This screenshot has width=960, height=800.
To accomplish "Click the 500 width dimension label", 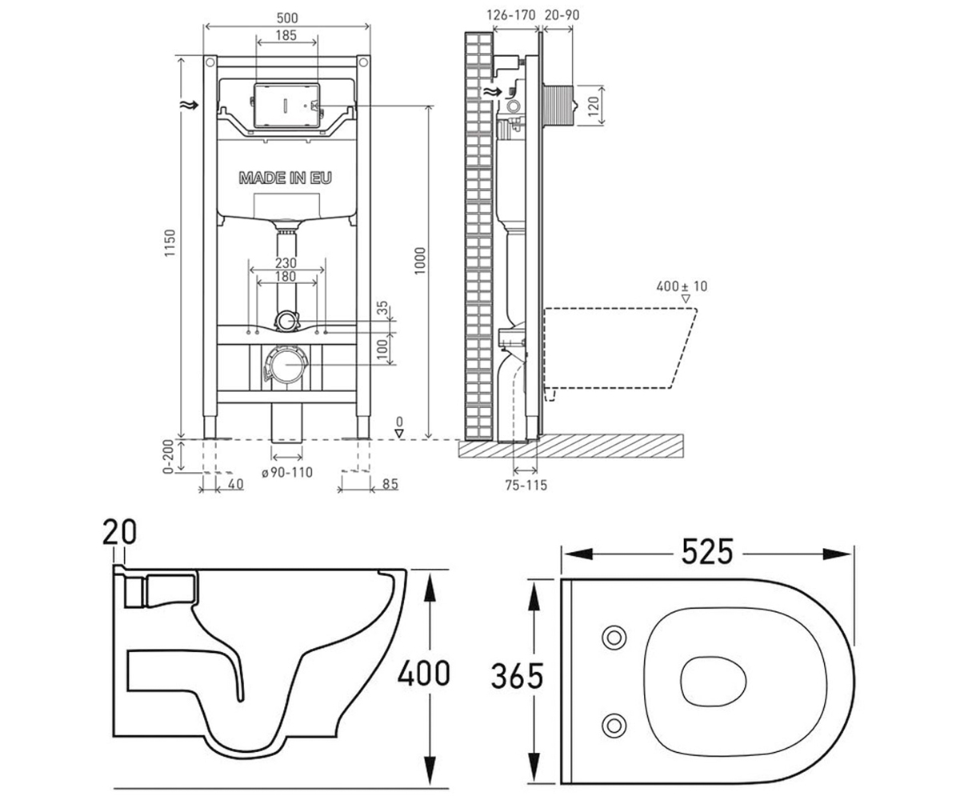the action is click(x=287, y=18).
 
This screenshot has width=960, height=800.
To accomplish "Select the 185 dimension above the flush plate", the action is click(x=286, y=35).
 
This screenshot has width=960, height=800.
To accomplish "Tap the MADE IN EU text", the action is click(x=286, y=178).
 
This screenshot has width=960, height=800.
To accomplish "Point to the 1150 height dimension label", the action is click(x=170, y=243).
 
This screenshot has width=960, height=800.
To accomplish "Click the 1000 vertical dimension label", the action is click(x=420, y=261).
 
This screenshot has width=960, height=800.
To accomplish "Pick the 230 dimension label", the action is click(x=286, y=263).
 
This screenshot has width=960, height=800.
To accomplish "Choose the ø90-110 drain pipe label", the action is click(x=287, y=472).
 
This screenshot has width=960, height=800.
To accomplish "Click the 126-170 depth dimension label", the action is click(x=511, y=15).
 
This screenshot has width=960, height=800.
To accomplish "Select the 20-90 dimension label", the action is click(x=562, y=15).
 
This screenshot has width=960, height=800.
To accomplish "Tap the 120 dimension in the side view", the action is click(x=594, y=106).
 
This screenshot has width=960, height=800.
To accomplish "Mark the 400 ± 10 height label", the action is click(x=682, y=286).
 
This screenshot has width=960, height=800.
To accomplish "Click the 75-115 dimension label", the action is click(x=526, y=485).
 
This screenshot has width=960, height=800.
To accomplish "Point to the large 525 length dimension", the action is click(x=707, y=552).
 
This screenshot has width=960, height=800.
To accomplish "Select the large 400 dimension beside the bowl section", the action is click(x=423, y=673).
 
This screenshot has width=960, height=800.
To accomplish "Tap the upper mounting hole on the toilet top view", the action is click(x=614, y=638).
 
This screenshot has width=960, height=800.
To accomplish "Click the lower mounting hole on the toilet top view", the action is click(x=614, y=726).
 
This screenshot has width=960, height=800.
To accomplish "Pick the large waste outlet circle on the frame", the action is click(x=286, y=364).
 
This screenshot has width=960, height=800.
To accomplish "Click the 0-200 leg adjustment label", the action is click(x=168, y=457).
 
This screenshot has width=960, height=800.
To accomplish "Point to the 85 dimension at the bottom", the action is click(x=390, y=484).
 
